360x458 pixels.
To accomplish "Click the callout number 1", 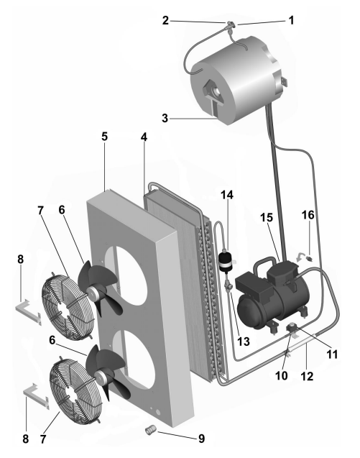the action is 291,20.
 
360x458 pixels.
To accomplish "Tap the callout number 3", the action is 165,119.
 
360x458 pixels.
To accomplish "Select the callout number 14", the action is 227,195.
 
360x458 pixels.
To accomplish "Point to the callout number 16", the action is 308,215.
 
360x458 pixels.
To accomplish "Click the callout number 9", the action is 201,439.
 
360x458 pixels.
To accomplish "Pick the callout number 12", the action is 307,376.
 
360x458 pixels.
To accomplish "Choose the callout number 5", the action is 104,137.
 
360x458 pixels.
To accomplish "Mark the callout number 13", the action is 244,341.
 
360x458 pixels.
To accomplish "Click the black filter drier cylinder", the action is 226,262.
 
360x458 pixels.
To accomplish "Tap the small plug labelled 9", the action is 151,429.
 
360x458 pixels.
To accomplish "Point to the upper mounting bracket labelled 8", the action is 28,311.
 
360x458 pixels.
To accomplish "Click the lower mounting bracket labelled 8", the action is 36,395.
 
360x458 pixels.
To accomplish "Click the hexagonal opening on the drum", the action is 213,91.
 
